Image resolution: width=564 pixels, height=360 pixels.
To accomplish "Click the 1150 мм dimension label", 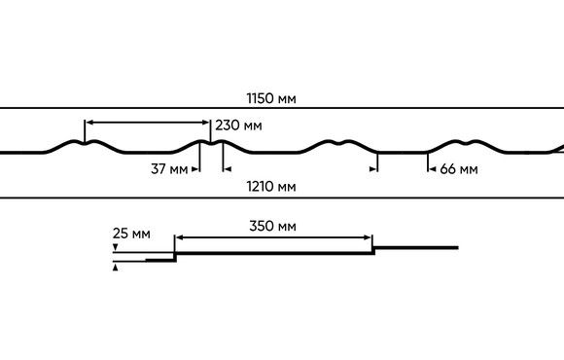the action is click(271, 98).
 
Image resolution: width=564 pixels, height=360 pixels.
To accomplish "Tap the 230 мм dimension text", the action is click(238, 126).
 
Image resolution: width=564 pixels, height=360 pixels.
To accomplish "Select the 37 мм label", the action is click(169, 168).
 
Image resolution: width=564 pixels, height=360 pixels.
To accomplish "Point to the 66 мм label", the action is click(459, 169).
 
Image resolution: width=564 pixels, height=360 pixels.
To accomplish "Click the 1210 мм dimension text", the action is click(271, 187).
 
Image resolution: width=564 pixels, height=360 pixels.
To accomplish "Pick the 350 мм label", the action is click(272, 226).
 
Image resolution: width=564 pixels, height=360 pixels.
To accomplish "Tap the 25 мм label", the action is click(131, 234).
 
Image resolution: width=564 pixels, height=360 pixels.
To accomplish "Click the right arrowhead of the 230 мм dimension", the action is click(206, 123).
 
